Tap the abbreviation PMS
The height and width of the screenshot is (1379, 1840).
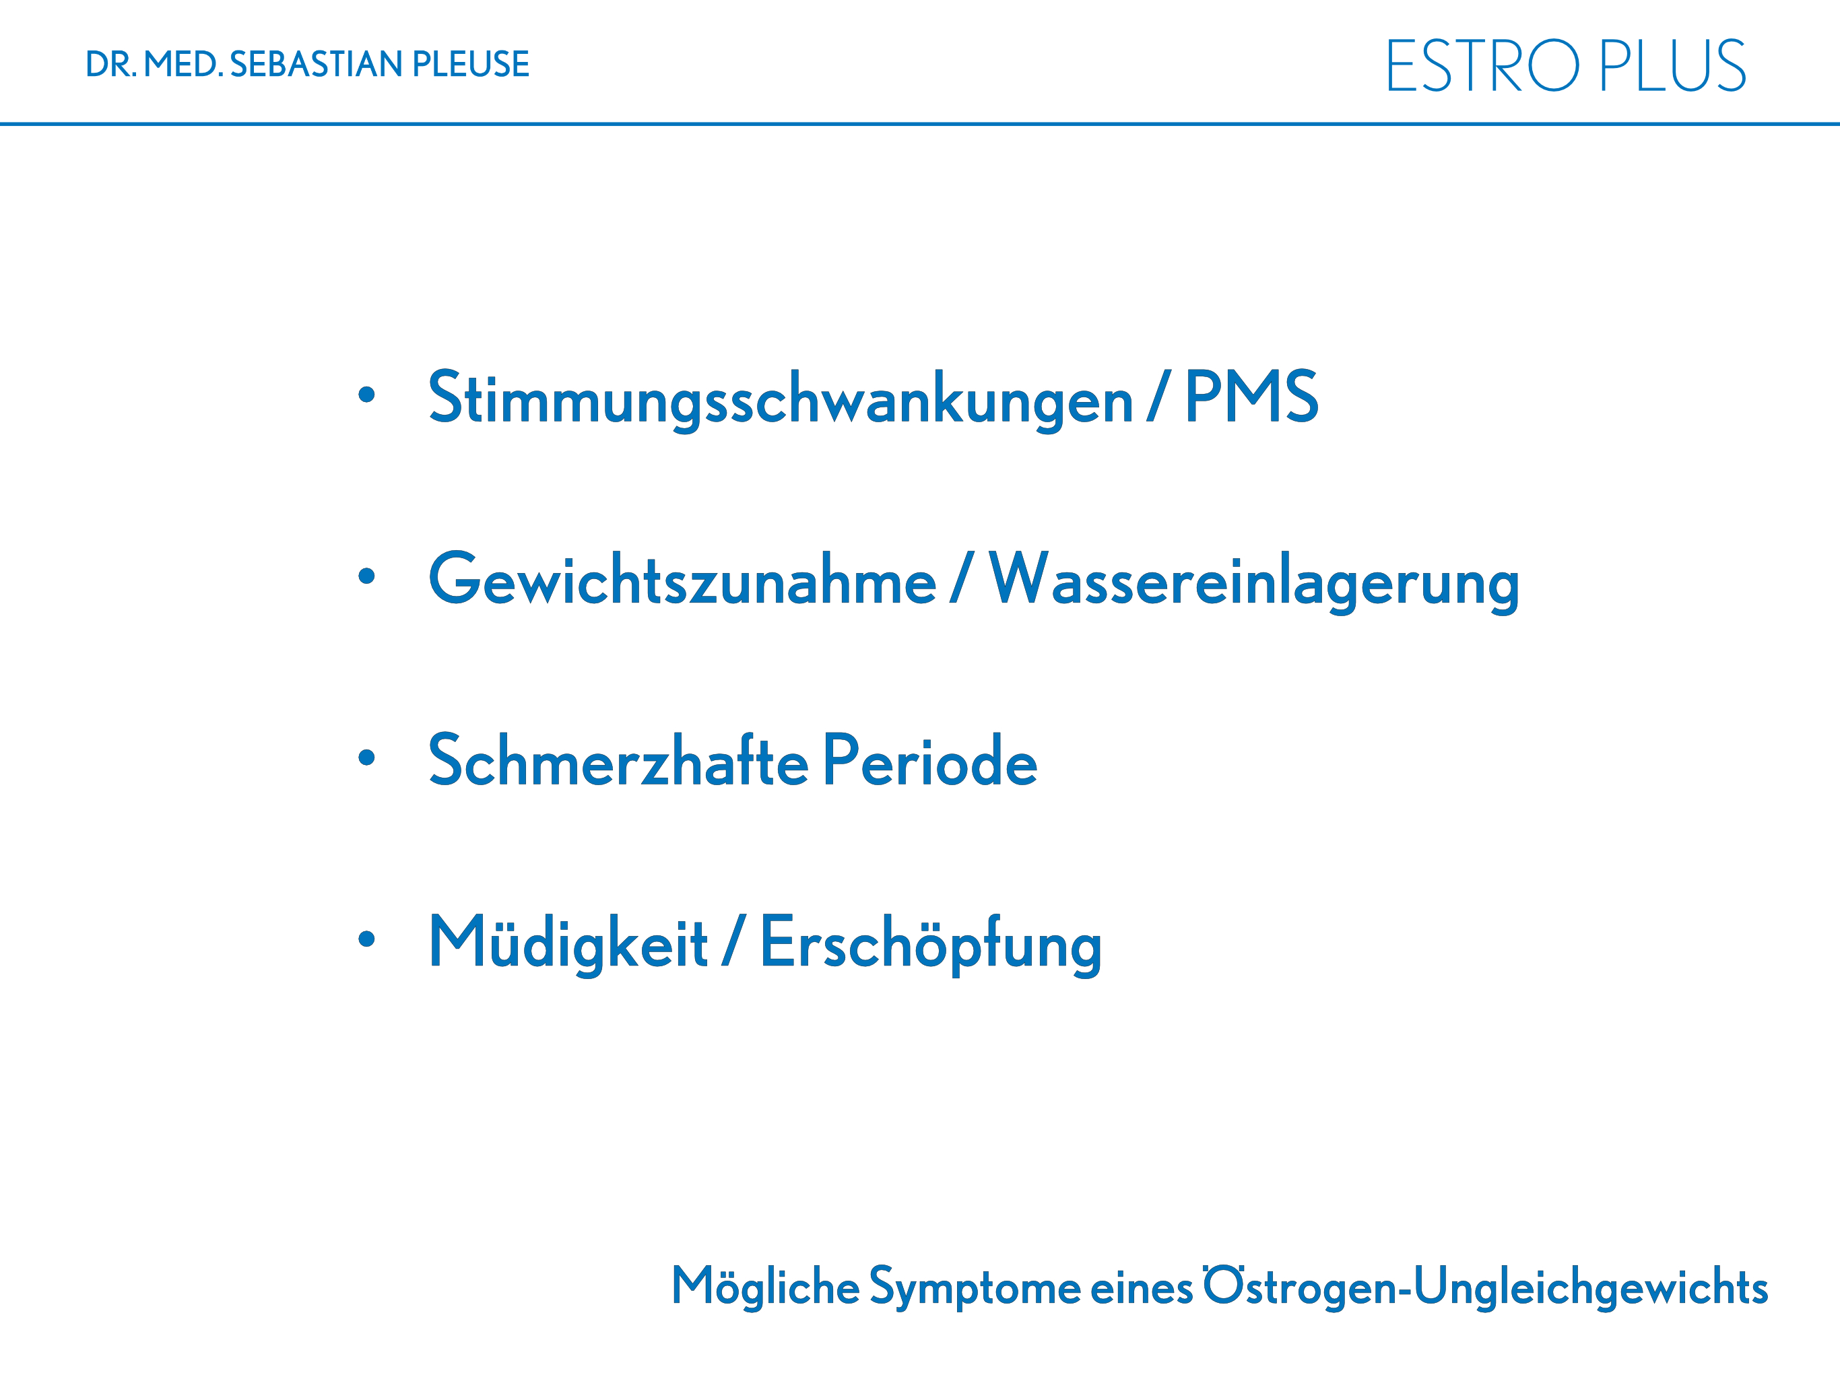[x=1252, y=396]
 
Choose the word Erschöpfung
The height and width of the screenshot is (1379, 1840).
[x=931, y=943]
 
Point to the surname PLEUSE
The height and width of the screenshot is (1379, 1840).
[x=471, y=64]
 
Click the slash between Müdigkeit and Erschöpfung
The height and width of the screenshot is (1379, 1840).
[x=733, y=941]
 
